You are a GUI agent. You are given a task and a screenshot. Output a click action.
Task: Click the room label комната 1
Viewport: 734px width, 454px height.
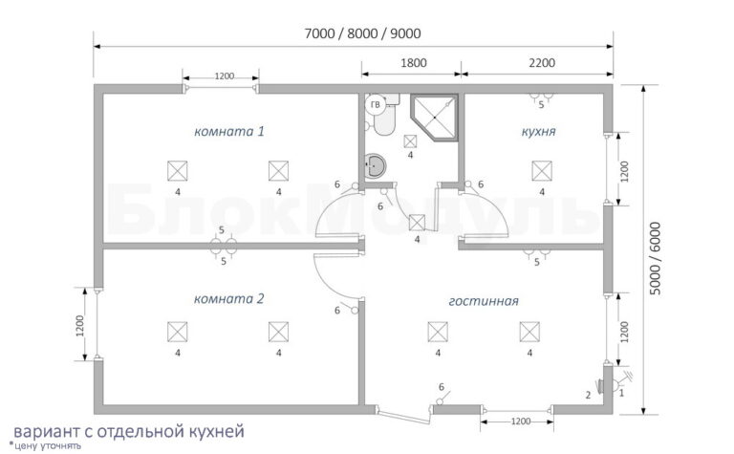coord(229,131)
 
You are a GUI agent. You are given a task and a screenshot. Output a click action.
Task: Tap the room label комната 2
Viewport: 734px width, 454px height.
coord(229,298)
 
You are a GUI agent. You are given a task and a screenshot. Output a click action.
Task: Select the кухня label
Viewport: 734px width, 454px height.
coord(538,132)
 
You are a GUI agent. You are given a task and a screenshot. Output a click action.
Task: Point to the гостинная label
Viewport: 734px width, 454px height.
coord(484,301)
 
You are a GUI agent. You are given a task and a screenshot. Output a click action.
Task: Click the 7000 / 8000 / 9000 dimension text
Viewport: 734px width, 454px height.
coord(362,33)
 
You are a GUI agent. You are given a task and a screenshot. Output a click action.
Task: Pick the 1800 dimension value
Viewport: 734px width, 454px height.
coord(413,63)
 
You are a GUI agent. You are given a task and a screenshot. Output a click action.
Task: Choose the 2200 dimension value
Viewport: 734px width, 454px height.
coord(542,63)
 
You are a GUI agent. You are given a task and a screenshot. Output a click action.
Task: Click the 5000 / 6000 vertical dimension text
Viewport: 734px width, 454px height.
coord(656,258)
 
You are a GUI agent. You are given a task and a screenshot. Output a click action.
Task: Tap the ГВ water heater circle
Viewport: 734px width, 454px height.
coord(375,105)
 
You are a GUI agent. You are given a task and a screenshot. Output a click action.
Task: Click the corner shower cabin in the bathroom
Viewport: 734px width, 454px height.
coord(434,117)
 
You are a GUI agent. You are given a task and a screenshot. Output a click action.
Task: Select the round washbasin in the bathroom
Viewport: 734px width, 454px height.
coord(375,165)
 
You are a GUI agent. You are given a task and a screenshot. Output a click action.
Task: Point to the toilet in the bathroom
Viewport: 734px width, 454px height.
coord(385,117)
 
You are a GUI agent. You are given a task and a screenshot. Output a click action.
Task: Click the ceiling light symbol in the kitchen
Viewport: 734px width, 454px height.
coord(542,170)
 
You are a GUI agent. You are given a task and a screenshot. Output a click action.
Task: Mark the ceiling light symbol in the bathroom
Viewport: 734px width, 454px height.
coord(411,141)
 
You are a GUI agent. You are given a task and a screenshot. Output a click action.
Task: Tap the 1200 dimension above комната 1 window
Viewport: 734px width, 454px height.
coord(225,76)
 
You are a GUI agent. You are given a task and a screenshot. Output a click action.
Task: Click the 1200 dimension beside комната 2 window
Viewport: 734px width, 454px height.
coord(79,325)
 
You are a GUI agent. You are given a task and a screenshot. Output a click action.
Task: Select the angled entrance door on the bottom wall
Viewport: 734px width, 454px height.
coord(403,416)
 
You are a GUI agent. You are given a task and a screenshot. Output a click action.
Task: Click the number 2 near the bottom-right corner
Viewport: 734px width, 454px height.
coord(588,395)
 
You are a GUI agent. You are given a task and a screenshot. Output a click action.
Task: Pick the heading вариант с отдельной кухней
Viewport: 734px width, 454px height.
coord(129,431)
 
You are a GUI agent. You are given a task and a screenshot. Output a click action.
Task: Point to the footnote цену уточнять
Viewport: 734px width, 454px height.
coord(46,445)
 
